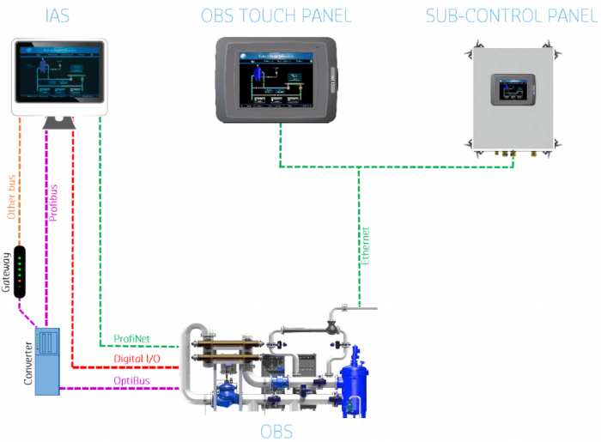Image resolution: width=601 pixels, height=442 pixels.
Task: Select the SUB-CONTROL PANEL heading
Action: (513, 16)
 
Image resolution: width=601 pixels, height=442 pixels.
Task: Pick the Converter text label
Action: (27, 361)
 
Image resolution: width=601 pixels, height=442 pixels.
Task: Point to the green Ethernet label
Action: (365, 244)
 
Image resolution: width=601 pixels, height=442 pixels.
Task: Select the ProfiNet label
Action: (131, 339)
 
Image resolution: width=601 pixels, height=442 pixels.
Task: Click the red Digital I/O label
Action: (137, 359)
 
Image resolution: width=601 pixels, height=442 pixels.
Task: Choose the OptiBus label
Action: (133, 380)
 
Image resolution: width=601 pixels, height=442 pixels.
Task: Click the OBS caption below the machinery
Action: (276, 431)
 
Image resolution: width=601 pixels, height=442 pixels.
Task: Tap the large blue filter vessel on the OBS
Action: (354, 387)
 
